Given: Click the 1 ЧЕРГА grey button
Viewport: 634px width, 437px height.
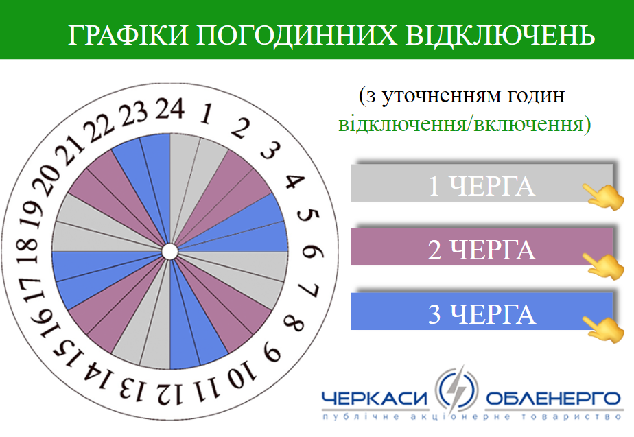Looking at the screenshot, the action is coord(482,182).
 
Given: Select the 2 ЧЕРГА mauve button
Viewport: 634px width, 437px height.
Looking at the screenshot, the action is coord(482,247).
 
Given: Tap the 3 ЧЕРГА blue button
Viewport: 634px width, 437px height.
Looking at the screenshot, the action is coord(482,311).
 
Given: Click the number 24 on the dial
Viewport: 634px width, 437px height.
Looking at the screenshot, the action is coord(170,108).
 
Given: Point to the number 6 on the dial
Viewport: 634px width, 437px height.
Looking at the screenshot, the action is coord(313,252).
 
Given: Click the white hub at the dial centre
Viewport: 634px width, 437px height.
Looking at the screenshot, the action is coord(170,252).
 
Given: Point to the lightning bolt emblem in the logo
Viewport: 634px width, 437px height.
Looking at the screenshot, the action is coord(457,390).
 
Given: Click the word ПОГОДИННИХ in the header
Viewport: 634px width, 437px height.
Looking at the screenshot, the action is coord(297,35).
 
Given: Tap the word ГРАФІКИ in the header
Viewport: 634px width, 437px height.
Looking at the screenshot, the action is coord(128,35).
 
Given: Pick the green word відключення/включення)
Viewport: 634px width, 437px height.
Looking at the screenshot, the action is coord(465,124).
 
